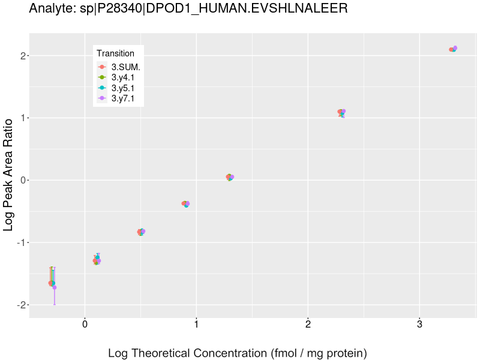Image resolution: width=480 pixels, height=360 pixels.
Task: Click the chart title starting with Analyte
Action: [188, 8]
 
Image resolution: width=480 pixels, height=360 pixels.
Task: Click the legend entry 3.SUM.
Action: [125, 67]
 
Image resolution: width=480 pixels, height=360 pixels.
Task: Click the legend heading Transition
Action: [115, 53]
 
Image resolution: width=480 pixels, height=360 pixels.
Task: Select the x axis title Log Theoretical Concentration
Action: [237, 353]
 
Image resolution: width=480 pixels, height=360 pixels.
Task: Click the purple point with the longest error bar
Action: [55, 287]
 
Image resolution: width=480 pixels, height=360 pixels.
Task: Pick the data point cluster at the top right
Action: [453, 49]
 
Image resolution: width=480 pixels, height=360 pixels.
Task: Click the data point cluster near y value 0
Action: [230, 177]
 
